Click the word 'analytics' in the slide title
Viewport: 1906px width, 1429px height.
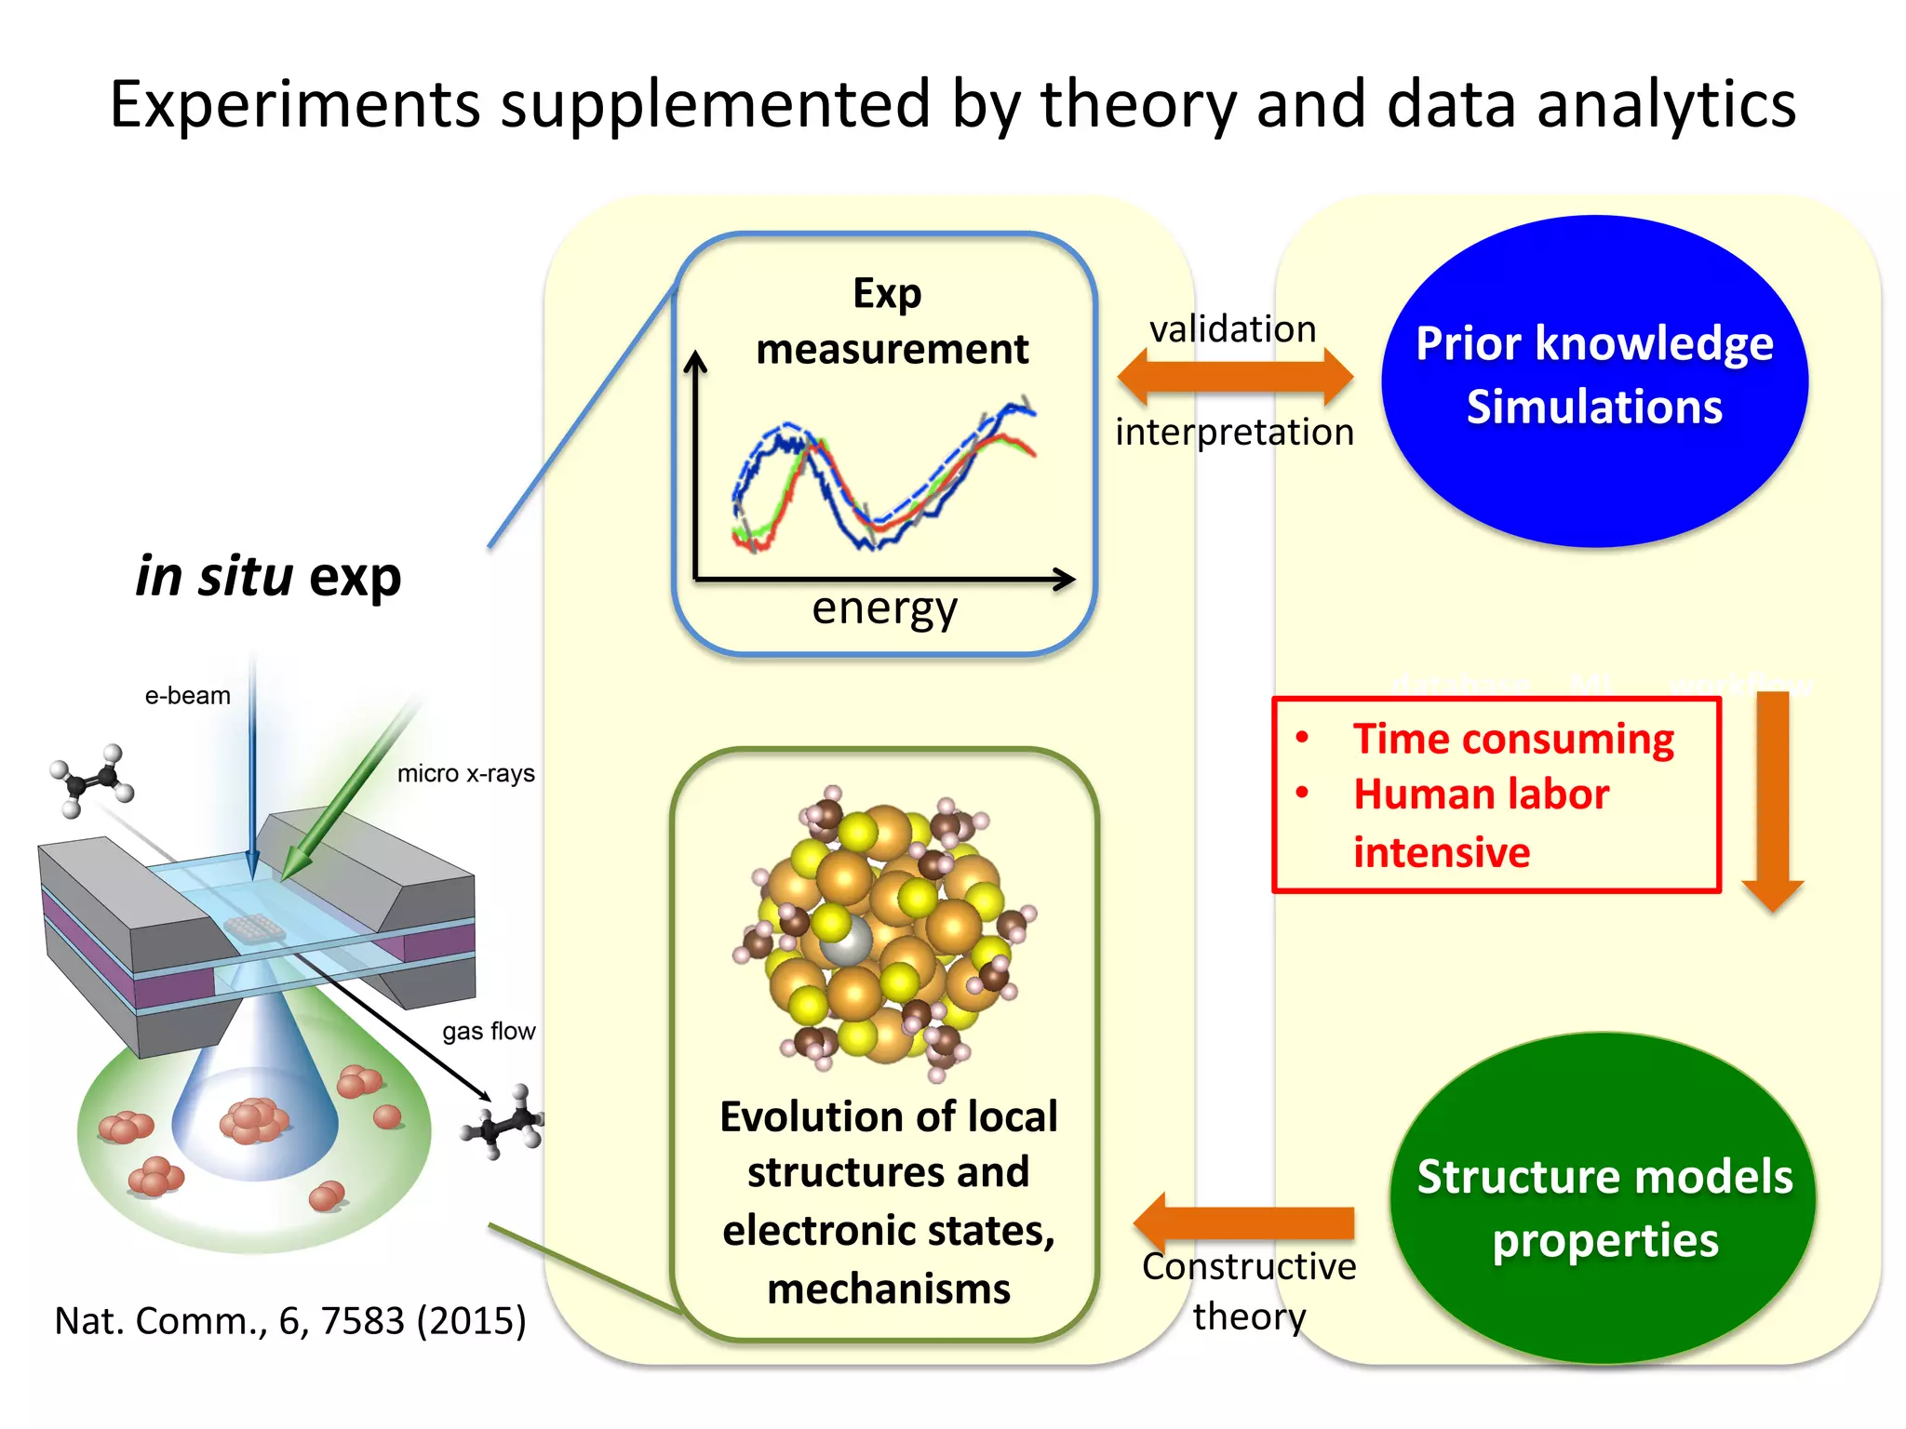[x=1666, y=104]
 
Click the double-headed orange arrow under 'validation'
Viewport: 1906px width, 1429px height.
[x=1235, y=377]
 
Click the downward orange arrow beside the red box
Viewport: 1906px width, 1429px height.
[x=1772, y=800]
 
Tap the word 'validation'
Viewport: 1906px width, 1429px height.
[x=1232, y=329]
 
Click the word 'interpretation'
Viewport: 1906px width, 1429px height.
[x=1234, y=433]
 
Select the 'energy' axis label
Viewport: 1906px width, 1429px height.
[x=884, y=609]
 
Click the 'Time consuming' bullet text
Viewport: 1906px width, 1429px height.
[x=1513, y=740]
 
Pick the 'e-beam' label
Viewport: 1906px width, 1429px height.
[x=187, y=696]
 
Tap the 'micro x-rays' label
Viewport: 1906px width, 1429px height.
[x=465, y=774]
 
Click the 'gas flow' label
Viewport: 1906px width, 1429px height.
[x=489, y=1031]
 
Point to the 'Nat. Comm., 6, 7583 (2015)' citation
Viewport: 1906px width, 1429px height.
[x=290, y=1321]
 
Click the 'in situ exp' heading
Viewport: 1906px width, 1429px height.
[x=268, y=577]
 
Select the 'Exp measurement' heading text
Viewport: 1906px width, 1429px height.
[x=891, y=322]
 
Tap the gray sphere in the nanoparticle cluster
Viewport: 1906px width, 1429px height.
[x=847, y=942]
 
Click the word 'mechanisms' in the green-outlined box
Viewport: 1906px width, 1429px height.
[x=889, y=1289]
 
